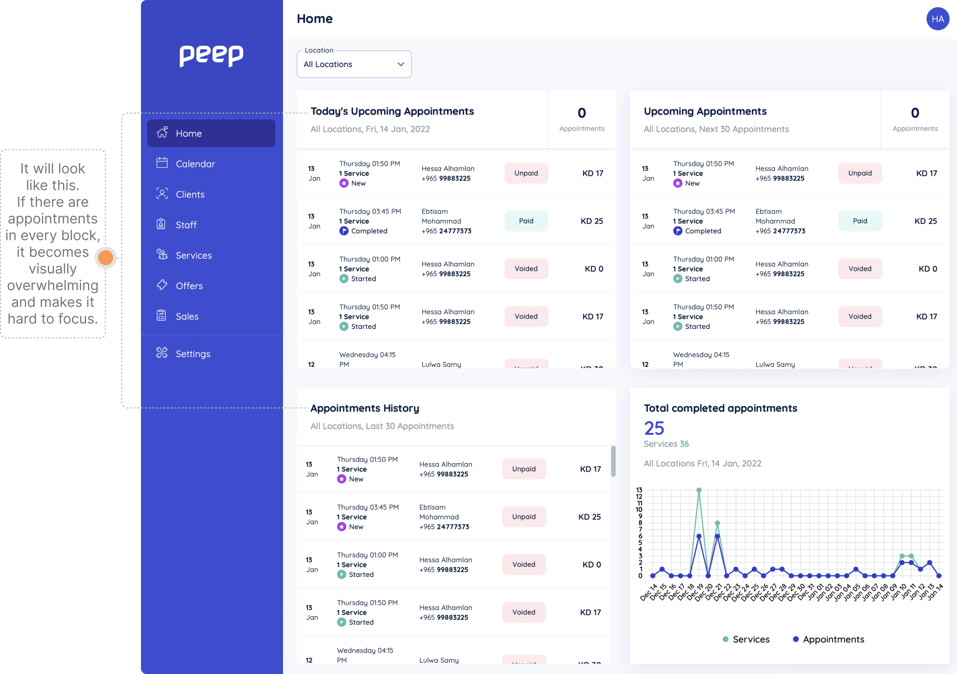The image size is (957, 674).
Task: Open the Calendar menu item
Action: pos(195,164)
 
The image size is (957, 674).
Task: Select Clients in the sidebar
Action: pos(190,194)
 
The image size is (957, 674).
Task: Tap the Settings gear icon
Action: pos(162,353)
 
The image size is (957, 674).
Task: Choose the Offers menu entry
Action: pos(189,286)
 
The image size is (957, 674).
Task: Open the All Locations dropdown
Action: pos(354,64)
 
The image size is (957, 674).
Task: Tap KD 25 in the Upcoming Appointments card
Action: pos(925,221)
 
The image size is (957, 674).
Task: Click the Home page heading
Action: pos(314,19)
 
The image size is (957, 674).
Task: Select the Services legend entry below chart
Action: pos(746,639)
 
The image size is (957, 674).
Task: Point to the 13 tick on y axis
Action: pos(639,490)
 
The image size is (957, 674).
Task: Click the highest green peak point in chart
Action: pos(699,490)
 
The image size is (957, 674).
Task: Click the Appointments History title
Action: pos(364,408)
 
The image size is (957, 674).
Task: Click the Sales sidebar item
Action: pos(187,316)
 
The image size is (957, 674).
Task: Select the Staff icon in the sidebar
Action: pos(161,224)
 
